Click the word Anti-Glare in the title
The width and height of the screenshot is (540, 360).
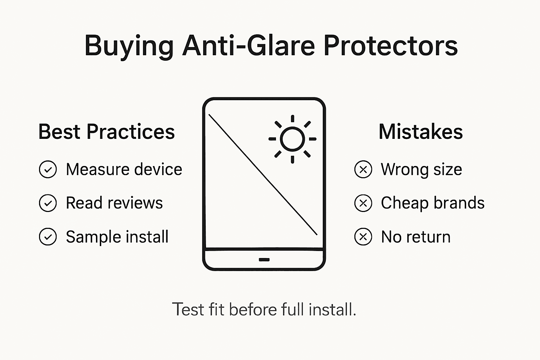point(248,46)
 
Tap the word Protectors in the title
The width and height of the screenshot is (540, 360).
point(390,46)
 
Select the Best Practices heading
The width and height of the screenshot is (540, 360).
point(107,132)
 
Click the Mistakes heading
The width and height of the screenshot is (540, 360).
point(420,132)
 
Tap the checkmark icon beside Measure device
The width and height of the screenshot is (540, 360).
point(48,169)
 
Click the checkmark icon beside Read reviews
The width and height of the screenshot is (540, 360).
point(48,203)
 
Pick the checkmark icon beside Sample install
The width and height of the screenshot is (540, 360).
point(48,237)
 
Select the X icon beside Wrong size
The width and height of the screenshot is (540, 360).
point(363,169)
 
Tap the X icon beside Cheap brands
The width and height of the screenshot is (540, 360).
point(363,203)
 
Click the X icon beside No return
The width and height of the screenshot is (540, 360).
point(363,237)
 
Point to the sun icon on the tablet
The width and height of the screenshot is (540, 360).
point(292,139)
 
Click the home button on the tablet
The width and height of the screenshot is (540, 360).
point(264,260)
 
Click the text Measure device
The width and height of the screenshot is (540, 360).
point(124,169)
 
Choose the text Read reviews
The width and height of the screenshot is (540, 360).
point(114,203)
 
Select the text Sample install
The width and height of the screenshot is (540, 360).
point(117,237)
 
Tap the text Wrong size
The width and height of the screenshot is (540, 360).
point(421,169)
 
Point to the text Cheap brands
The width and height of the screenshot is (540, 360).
point(432,203)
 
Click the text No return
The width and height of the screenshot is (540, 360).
point(416,237)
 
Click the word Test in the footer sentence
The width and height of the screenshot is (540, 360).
point(188,310)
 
